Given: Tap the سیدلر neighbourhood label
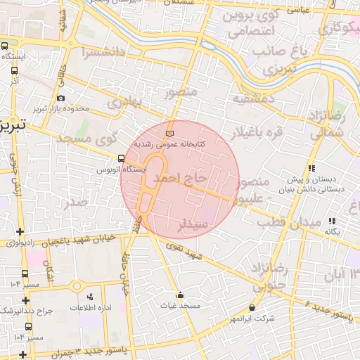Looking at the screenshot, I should pyautogui.click(x=193, y=226).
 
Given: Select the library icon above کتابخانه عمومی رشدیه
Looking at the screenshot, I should pyautogui.click(x=168, y=133).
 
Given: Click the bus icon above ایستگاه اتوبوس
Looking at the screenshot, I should pyautogui.click(x=122, y=158).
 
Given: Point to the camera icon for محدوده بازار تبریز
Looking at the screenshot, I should pyautogui.click(x=61, y=98).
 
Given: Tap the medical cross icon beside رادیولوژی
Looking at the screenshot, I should pyautogui.click(x=20, y=232).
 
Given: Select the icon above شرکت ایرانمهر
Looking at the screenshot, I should pyautogui.click(x=252, y=307).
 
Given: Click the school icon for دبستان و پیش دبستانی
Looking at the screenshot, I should pyautogui.click(x=311, y=168).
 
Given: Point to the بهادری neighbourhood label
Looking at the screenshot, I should pyautogui.click(x=126, y=103).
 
